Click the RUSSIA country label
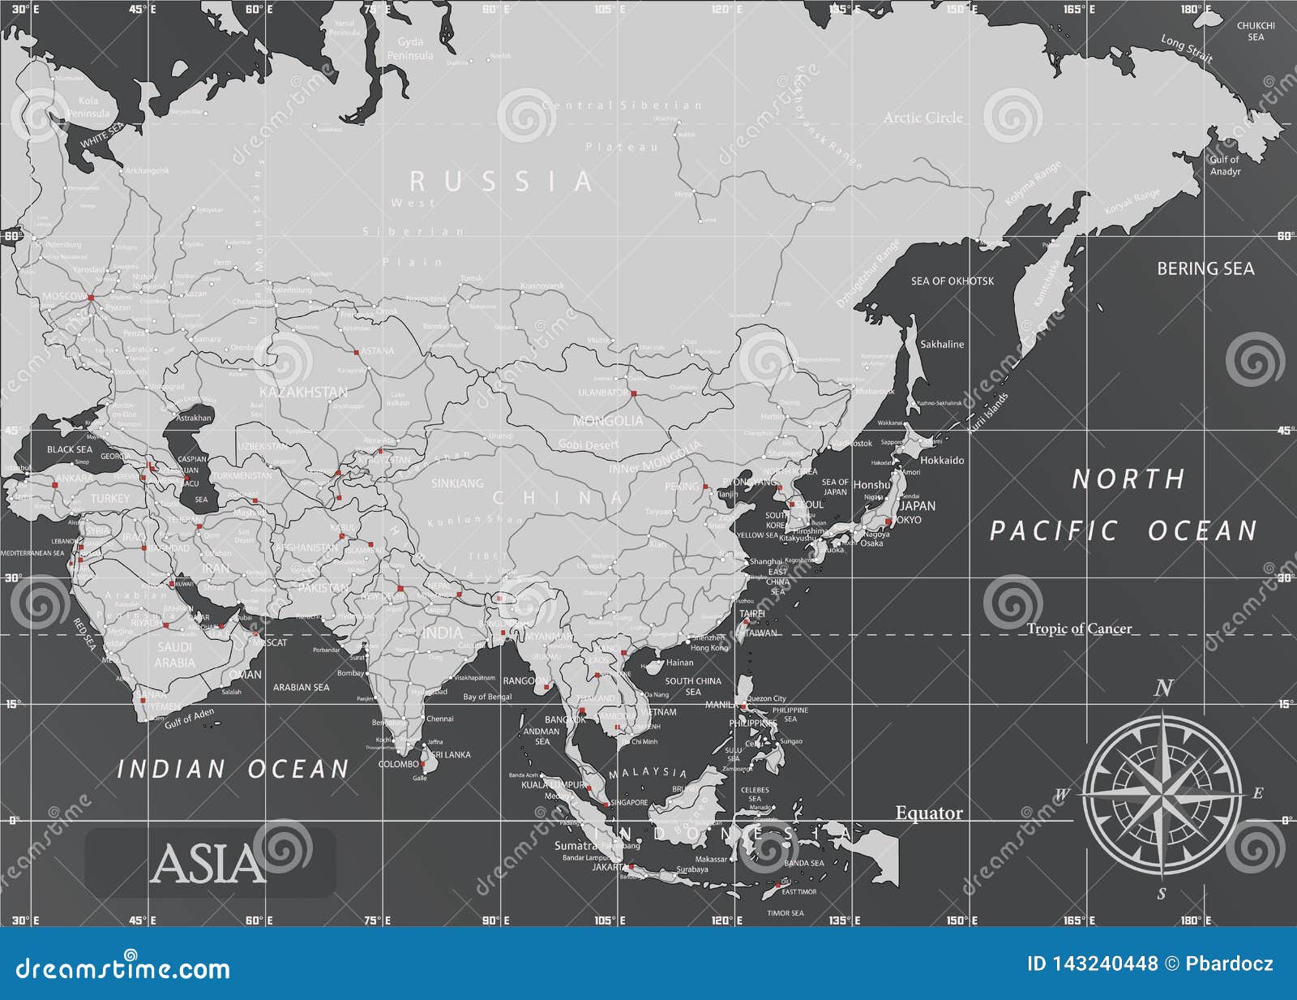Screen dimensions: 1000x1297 click(500, 182)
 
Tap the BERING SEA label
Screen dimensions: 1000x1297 click(1205, 268)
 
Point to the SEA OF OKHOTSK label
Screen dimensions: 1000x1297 click(952, 281)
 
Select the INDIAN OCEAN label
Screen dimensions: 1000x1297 click(233, 769)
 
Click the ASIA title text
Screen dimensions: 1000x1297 click(208, 864)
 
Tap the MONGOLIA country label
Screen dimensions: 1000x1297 click(607, 421)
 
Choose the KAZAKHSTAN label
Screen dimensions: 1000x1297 click(303, 392)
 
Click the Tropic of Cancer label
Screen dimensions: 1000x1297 click(1078, 629)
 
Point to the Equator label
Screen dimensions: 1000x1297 click(928, 813)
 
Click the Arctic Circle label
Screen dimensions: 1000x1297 click(923, 118)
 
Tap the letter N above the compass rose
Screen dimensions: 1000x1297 click(1163, 689)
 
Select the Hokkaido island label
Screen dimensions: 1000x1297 click(942, 460)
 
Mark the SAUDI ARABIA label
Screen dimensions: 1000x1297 click(175, 655)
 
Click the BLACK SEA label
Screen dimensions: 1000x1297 click(70, 449)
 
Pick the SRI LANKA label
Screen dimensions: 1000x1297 click(451, 755)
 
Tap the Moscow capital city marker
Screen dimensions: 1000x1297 click(91, 298)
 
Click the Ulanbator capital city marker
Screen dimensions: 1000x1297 click(633, 394)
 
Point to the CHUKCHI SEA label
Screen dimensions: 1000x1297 click(1255, 31)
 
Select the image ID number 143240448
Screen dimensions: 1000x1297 click(1092, 964)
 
